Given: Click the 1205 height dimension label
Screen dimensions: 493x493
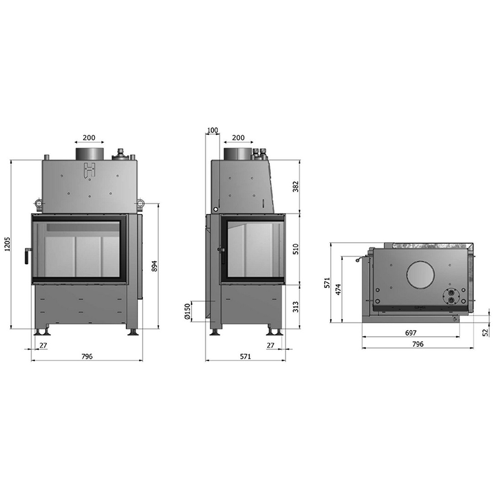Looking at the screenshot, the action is pos(8,244).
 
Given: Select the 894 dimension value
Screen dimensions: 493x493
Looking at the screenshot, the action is pos(154,266).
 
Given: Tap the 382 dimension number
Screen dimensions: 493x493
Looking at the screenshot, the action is pos(295,187).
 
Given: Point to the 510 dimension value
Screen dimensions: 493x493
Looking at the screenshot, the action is pos(295,249).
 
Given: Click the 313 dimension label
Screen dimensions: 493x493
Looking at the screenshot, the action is pos(295,307).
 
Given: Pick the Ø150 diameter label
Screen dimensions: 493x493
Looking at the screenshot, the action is pos(187,311).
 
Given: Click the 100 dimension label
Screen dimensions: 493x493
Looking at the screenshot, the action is pos(213,130).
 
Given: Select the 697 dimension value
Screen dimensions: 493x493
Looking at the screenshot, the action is pos(411,333).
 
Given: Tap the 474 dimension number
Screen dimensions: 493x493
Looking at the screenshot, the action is pos(338,290).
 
